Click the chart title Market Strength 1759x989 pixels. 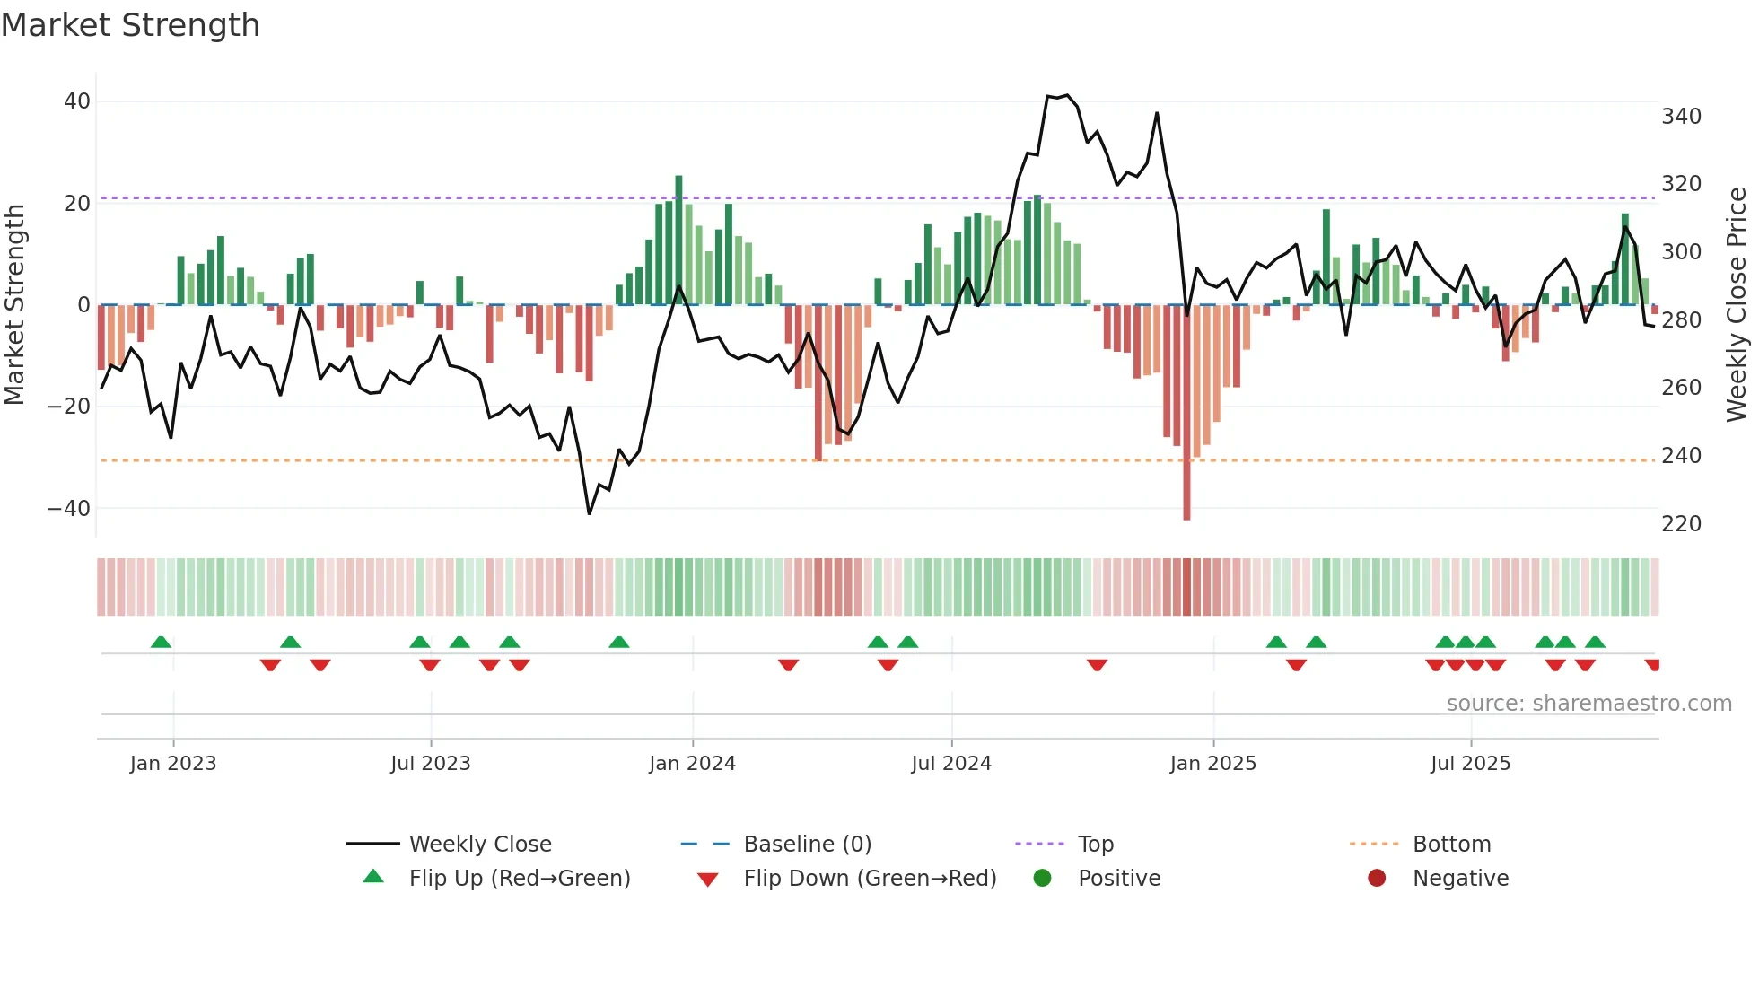pos(130,25)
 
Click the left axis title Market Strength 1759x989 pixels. pos(15,305)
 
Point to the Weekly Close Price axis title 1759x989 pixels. pos(1737,305)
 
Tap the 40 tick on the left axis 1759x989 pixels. pos(77,101)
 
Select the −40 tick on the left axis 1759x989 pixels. pos(69,509)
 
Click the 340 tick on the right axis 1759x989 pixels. pos(1681,117)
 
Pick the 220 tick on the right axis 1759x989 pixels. pos(1681,524)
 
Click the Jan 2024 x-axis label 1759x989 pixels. pos(692,764)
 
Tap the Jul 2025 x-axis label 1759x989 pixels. pos(1470,764)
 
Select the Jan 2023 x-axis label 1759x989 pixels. pos(173,764)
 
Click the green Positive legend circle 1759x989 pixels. pos(1042,879)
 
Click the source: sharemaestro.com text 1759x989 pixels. pos(1588,704)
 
